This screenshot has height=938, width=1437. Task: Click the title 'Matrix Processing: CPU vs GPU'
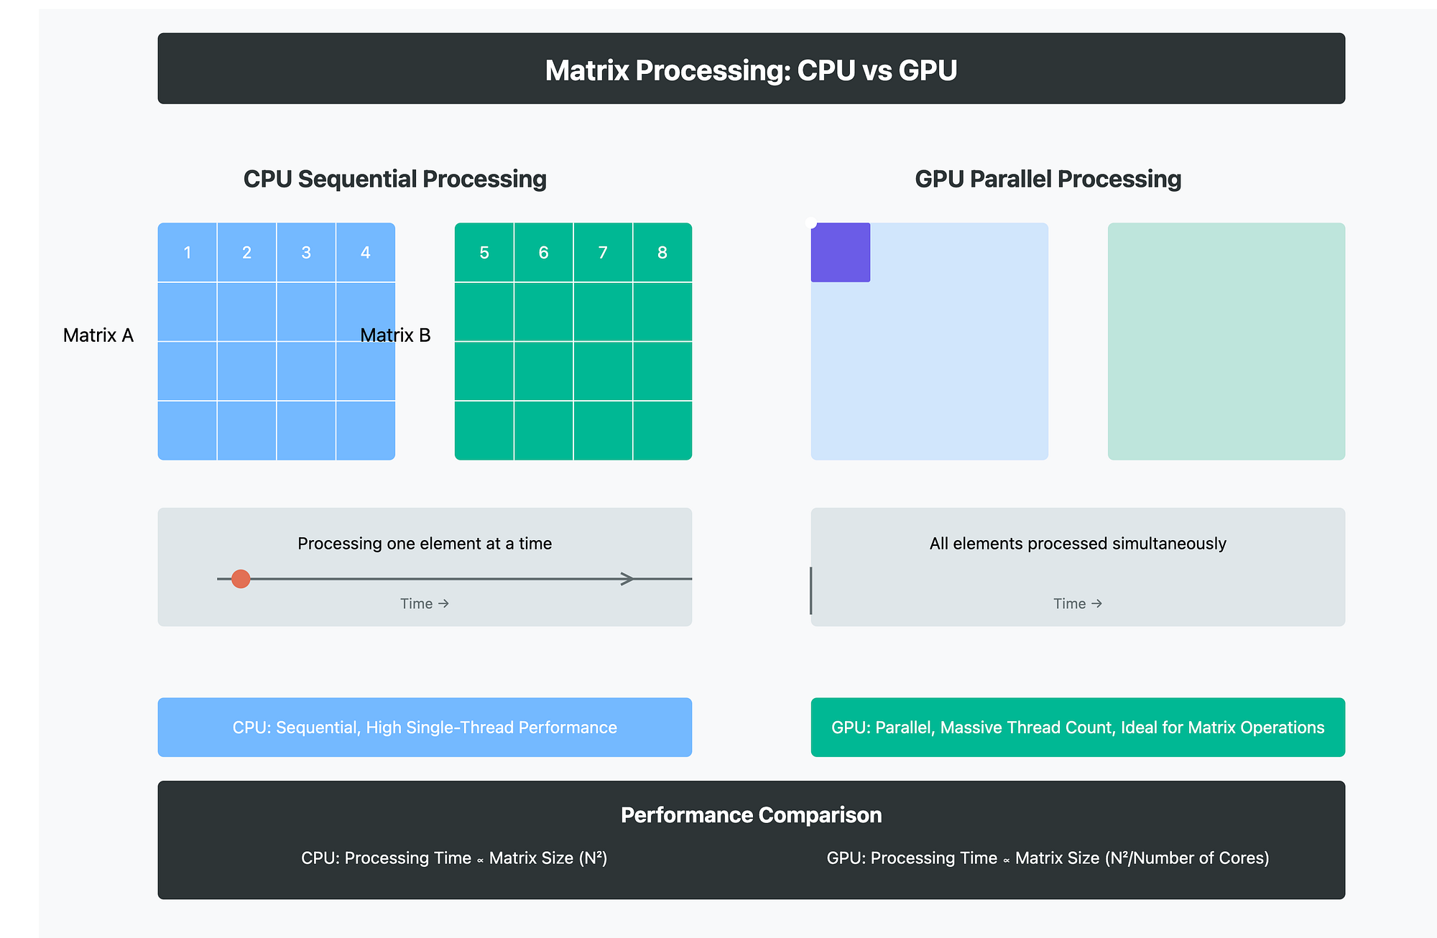[x=751, y=70]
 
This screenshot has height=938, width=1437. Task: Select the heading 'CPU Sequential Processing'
[x=394, y=179]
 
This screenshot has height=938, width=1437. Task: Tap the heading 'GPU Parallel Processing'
[x=1048, y=179]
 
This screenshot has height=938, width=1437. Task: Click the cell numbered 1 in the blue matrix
[x=188, y=253]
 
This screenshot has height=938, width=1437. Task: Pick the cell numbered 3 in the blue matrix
[x=306, y=253]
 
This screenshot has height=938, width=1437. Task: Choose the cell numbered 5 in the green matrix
[x=484, y=253]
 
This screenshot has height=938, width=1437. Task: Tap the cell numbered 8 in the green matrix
[x=662, y=253]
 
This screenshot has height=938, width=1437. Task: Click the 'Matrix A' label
[x=98, y=335]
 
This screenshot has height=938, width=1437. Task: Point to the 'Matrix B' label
[x=395, y=335]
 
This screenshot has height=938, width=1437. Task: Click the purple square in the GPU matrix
[x=841, y=252]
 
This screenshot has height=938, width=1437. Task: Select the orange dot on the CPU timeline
[x=241, y=579]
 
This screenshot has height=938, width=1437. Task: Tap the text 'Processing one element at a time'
[x=425, y=544]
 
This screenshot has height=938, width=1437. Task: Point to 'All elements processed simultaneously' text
[x=1078, y=544]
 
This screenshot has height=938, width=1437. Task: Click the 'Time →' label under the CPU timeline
[x=425, y=604]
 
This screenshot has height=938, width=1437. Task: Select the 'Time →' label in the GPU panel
[x=1078, y=604]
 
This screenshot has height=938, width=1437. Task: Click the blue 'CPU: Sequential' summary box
[x=425, y=728]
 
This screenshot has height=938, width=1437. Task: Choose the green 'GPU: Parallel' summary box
[x=1078, y=728]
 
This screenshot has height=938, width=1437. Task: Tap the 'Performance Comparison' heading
[x=751, y=815]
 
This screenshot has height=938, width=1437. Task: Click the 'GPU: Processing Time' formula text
[x=1048, y=858]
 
